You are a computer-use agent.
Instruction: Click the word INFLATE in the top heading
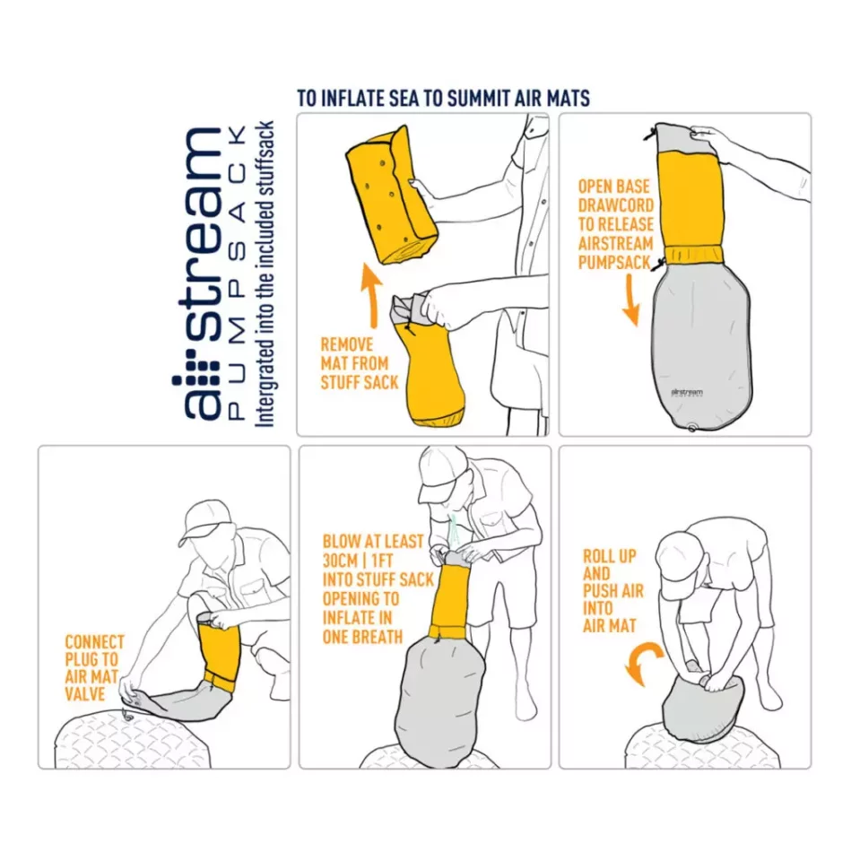coord(352,99)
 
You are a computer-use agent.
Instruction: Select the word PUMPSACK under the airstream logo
coord(236,273)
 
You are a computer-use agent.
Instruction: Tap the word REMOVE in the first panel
coord(346,344)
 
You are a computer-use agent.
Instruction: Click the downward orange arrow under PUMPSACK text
coord(631,300)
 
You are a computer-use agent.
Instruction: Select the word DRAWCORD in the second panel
coord(615,205)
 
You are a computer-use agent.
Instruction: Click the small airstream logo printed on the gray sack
coord(686,393)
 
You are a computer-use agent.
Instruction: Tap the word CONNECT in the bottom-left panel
coord(94,642)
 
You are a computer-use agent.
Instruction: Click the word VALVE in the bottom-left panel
coord(84,694)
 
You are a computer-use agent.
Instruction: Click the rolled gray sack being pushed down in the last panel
coord(703,709)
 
